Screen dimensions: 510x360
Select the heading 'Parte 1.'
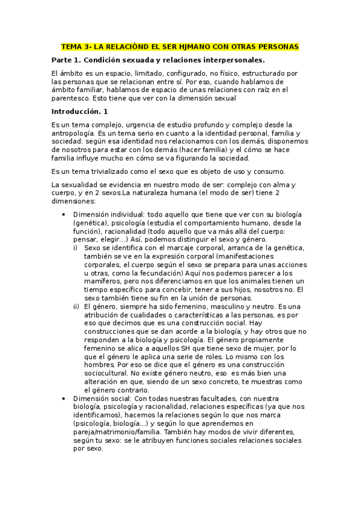tap(66, 60)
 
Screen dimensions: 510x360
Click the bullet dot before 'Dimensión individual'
tap(64, 215)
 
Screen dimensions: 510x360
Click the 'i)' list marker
tap(75, 247)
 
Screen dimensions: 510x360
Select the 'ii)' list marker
tap(76, 306)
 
